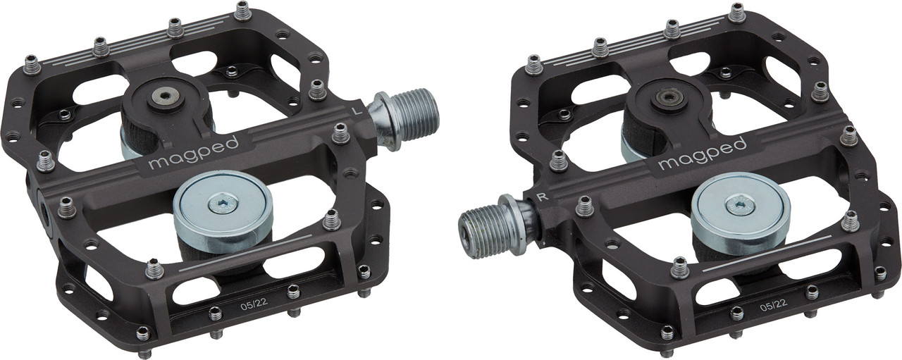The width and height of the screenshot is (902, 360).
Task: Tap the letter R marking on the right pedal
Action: coord(543,197)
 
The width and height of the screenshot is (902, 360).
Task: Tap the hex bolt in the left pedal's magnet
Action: coord(223,204)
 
